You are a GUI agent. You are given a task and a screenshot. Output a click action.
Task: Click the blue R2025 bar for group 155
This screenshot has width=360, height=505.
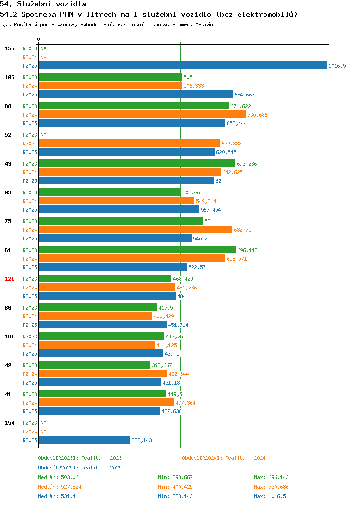click(x=183, y=65)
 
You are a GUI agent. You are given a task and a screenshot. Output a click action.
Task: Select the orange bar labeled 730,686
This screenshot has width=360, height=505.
click(x=143, y=114)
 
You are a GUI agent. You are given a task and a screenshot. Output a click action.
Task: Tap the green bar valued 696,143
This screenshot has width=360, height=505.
click(x=137, y=250)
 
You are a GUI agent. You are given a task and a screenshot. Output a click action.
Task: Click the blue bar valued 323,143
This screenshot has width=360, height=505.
click(x=84, y=440)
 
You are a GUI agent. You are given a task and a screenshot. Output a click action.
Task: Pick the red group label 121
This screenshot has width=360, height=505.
click(x=9, y=279)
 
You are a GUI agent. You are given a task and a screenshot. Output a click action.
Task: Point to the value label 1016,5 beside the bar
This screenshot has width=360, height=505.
click(x=337, y=66)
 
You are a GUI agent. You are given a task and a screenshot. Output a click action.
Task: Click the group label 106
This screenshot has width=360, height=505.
click(x=9, y=77)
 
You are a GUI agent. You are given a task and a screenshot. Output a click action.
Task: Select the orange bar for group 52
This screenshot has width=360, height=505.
click(x=130, y=143)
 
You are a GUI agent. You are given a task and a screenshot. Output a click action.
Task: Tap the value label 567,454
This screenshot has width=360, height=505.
click(x=211, y=210)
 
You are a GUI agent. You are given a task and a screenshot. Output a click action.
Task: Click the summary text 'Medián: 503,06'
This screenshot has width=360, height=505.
click(x=58, y=477)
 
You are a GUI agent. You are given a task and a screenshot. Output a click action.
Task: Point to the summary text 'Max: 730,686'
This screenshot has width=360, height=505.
click(x=271, y=487)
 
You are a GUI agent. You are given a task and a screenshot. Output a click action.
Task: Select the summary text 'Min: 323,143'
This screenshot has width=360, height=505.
click(x=176, y=497)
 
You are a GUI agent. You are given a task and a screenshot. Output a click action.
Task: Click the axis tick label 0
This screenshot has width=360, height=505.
click(x=39, y=39)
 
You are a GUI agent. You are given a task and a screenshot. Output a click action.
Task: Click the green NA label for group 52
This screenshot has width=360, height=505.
click(x=44, y=135)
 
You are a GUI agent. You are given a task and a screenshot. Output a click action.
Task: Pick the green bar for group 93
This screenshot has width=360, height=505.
click(x=110, y=192)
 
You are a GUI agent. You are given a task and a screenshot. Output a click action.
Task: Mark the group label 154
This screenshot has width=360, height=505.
click(x=9, y=423)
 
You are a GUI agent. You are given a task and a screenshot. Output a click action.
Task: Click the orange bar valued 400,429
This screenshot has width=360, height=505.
click(x=96, y=316)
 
